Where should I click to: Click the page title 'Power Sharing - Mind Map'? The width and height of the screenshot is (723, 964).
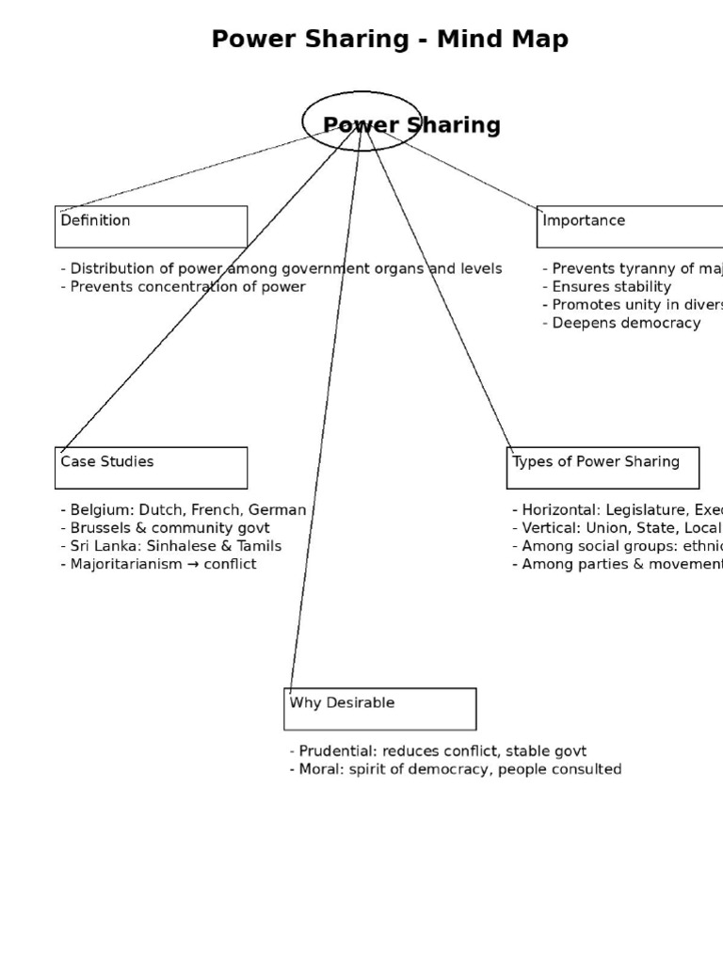390,40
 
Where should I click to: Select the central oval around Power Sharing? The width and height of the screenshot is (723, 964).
361,120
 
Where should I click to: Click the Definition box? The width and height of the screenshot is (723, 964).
151,227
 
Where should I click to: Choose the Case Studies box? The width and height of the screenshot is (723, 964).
151,468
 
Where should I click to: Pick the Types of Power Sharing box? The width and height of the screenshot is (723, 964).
602,468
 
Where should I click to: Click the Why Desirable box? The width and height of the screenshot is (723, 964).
379,709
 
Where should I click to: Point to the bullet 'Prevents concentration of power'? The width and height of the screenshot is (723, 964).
187,287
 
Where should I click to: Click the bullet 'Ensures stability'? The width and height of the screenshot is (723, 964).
612,287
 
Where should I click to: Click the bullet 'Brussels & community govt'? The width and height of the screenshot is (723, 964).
157,528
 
